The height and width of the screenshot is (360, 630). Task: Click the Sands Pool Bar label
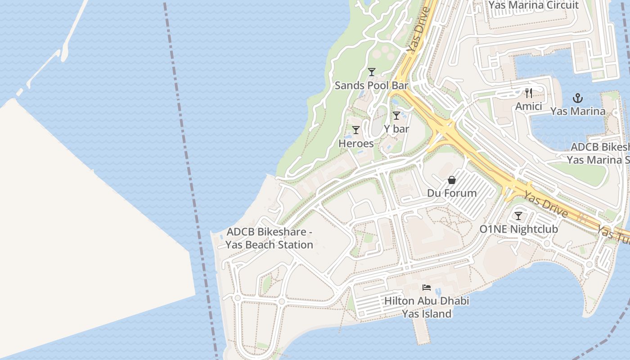pyautogui.click(x=371, y=85)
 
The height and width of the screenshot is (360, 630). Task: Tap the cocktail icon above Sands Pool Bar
pyautogui.click(x=371, y=72)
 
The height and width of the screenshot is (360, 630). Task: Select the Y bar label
pyautogui.click(x=396, y=129)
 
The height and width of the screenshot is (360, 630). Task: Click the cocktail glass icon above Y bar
pyautogui.click(x=396, y=116)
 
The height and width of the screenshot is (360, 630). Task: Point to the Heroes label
pyautogui.click(x=356, y=144)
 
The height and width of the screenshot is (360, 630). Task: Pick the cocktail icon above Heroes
pyautogui.click(x=356, y=130)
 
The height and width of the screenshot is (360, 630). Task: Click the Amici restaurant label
pyautogui.click(x=529, y=107)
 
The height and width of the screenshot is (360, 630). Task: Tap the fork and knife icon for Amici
pyautogui.click(x=529, y=93)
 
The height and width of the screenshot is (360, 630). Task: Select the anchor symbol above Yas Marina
pyautogui.click(x=577, y=98)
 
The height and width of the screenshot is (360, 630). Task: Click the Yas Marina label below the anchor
pyautogui.click(x=577, y=111)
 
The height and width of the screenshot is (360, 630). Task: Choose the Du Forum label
pyautogui.click(x=452, y=193)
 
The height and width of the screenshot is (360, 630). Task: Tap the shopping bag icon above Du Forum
pyautogui.click(x=452, y=180)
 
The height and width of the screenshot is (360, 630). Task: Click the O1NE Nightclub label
pyautogui.click(x=518, y=229)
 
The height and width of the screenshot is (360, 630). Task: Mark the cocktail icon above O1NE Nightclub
pyautogui.click(x=518, y=216)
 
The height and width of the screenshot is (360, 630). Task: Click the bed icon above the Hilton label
pyautogui.click(x=427, y=288)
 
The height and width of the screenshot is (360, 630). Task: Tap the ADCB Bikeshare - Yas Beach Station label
pyautogui.click(x=270, y=238)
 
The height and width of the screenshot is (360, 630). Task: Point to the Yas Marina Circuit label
pyautogui.click(x=533, y=5)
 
